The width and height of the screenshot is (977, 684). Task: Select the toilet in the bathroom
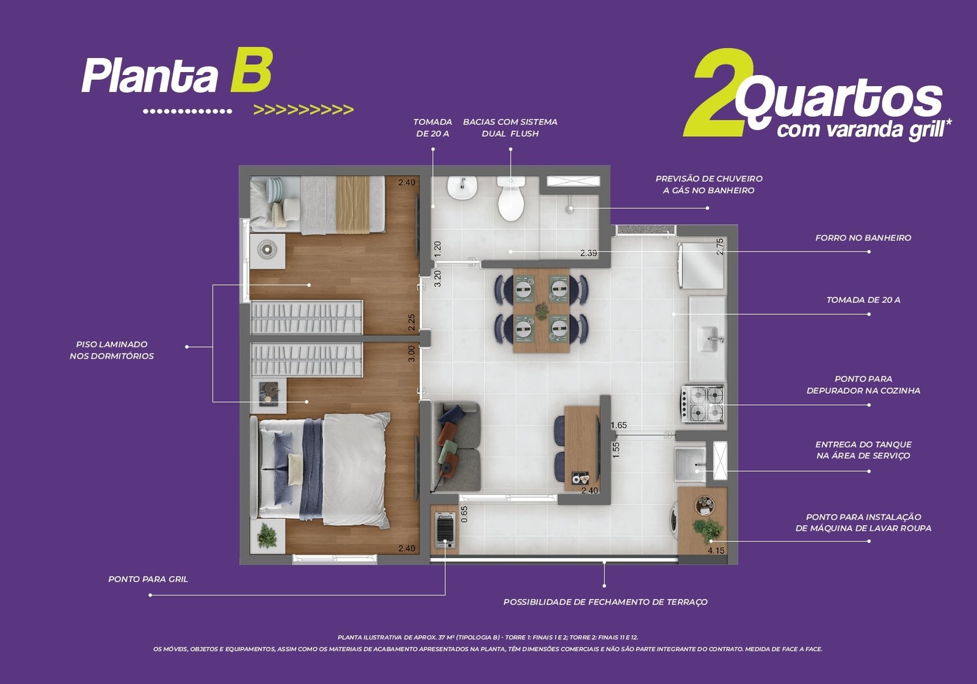click(x=510, y=198)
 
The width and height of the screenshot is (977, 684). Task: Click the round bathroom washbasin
click(x=462, y=187)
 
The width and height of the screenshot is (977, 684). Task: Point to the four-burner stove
click(x=703, y=404)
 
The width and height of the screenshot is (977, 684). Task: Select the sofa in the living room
click(x=456, y=446)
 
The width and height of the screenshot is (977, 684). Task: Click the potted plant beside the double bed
click(x=266, y=536)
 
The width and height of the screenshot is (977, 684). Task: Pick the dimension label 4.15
click(x=716, y=550)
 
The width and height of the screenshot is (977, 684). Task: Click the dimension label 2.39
click(x=589, y=253)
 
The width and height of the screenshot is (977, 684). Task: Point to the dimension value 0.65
click(x=464, y=514)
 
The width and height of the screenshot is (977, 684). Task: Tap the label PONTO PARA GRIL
click(x=148, y=580)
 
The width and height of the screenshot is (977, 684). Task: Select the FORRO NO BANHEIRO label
click(x=863, y=238)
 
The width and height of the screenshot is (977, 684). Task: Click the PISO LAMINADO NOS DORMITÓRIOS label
click(x=112, y=351)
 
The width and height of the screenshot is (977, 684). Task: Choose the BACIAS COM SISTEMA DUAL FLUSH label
click(x=510, y=128)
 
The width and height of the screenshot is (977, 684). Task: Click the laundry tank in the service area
click(x=690, y=464)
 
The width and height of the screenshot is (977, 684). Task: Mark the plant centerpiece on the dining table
click(x=542, y=311)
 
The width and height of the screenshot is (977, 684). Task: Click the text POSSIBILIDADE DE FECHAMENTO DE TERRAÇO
click(x=605, y=602)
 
